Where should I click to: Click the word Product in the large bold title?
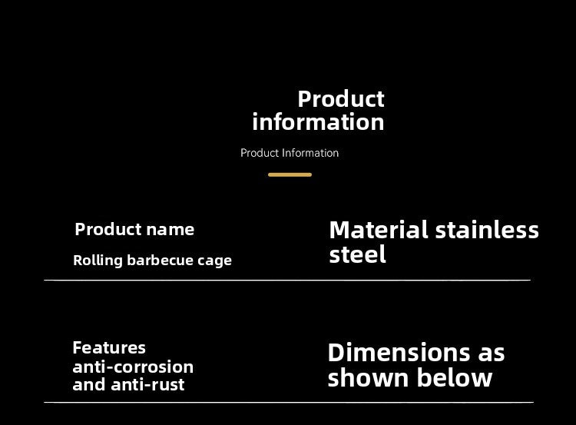340,99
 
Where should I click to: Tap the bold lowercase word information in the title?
318,122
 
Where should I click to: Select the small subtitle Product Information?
290,153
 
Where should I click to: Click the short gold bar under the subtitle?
290,175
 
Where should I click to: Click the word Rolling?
98,261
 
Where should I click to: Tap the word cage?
214,261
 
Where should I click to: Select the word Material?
378,230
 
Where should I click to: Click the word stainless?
487,230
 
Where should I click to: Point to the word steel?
357,254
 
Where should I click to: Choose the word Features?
109,347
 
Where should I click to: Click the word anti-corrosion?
133,367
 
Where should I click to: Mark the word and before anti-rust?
88,385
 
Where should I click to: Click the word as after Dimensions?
492,353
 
